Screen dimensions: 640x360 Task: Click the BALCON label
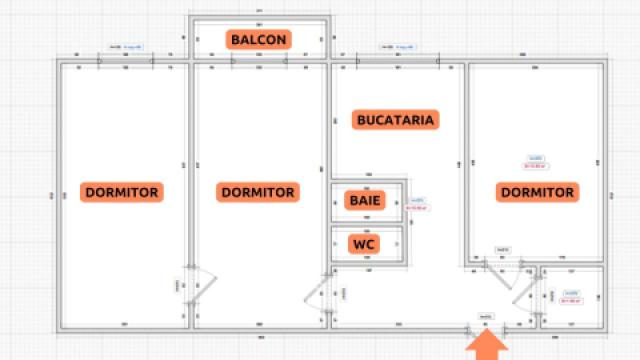pos(259,40)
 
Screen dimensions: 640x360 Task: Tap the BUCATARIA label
pos(396,120)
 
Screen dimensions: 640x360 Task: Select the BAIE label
pos(359,200)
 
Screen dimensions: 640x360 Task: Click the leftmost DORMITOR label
pos(122,192)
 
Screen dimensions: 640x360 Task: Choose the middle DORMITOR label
pos(257,192)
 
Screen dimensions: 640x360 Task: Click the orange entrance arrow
pos(487,345)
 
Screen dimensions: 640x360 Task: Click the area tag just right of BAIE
pos(419,205)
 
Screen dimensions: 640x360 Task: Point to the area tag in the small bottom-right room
pos(571,296)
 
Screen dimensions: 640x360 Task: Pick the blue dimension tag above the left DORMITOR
pos(126,47)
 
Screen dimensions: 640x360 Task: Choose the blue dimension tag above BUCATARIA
pos(396,47)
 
